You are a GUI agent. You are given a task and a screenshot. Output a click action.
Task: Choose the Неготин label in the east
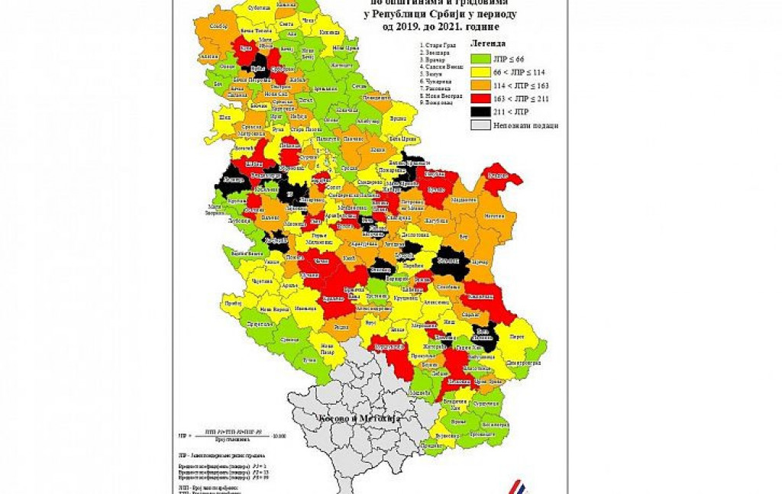(495, 216)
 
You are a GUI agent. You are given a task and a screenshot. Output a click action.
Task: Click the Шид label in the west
(223, 118)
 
